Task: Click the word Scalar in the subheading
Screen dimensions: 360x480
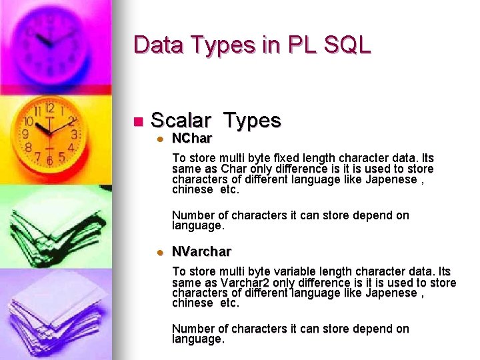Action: pos(181,121)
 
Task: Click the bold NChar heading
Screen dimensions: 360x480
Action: pos(192,139)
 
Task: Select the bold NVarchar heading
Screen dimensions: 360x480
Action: pos(201,252)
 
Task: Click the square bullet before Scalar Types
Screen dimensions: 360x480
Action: pos(138,122)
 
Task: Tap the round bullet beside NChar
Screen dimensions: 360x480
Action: pos(160,139)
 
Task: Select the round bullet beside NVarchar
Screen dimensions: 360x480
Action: pos(160,253)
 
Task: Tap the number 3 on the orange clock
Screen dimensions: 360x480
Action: pos(73,134)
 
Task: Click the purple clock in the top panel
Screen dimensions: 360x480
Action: pos(50,40)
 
